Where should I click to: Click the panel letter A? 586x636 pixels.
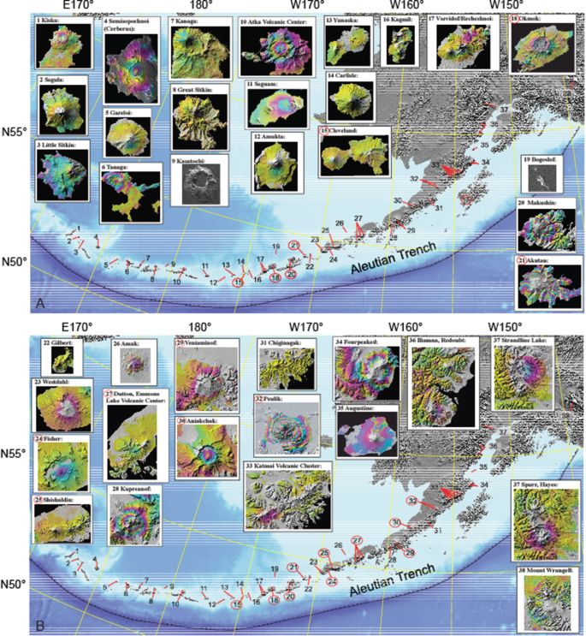[x=40, y=302]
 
